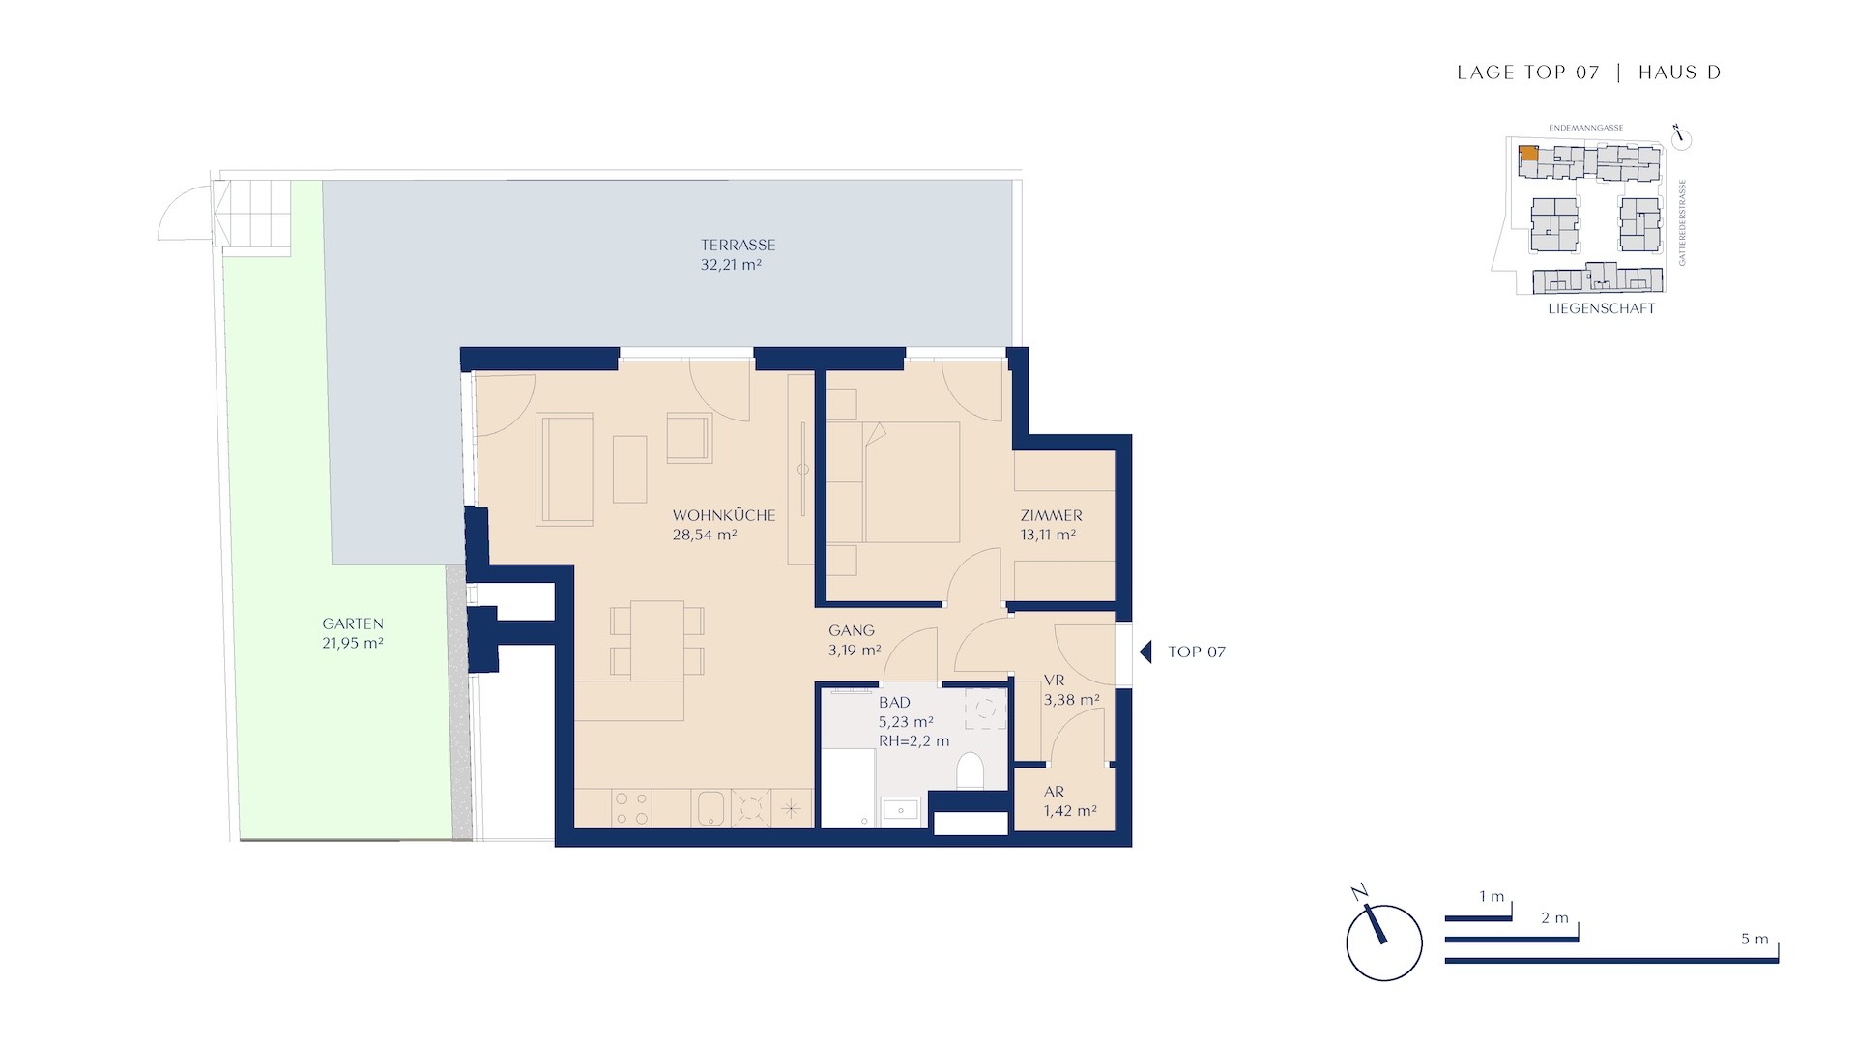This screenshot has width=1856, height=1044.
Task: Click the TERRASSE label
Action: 739,246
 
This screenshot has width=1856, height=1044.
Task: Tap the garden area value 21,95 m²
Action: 353,643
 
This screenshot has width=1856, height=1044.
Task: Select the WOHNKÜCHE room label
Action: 724,515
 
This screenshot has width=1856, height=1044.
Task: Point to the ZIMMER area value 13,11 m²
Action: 1048,535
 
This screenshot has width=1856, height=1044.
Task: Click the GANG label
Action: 852,630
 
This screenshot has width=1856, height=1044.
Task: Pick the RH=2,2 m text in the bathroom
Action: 913,741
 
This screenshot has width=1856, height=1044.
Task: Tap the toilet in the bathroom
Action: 970,770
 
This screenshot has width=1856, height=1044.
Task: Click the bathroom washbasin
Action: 902,812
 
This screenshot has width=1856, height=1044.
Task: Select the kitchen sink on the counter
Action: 710,809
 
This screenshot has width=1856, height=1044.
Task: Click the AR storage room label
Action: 1054,792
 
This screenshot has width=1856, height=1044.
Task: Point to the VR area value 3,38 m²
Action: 1071,700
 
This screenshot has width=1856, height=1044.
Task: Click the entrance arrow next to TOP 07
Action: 1145,652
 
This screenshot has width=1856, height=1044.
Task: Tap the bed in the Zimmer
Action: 912,481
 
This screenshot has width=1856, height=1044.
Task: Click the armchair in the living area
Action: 689,437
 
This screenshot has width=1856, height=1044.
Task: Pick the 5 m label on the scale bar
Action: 1754,939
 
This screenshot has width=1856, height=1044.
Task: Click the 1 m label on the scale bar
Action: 1492,896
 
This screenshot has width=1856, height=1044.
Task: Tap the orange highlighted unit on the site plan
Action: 1528,153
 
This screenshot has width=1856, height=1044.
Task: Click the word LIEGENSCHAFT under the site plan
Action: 1602,308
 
